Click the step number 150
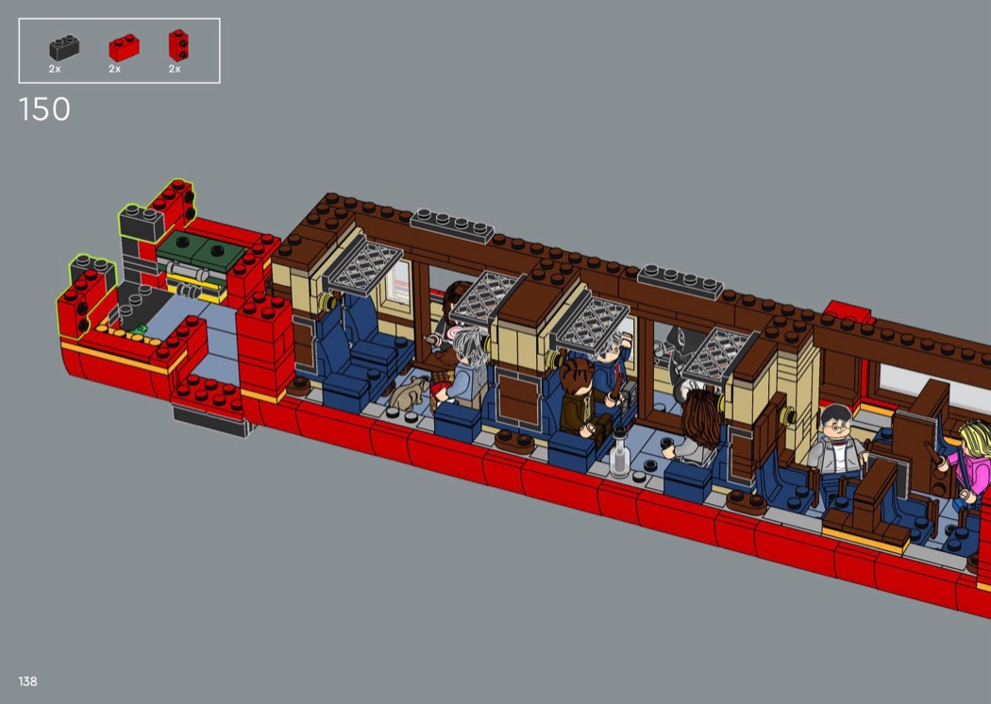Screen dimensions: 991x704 point(44,109)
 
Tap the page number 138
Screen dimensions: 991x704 point(27,681)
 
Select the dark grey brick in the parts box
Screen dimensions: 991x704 point(64,47)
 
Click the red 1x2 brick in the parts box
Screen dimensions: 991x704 point(124,47)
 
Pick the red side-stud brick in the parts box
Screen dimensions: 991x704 point(178,45)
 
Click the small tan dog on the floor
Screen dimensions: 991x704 point(409,393)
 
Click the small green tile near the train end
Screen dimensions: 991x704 point(140,329)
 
